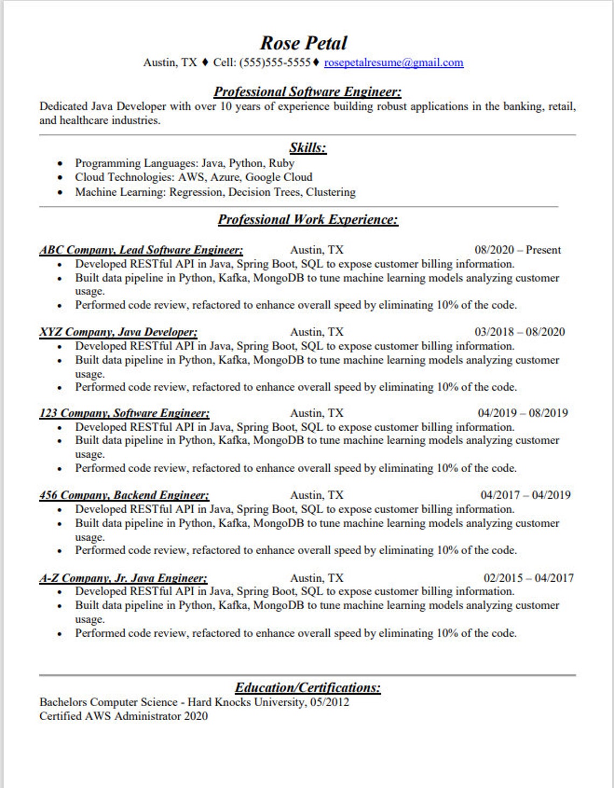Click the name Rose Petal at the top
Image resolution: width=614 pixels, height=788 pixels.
click(x=304, y=43)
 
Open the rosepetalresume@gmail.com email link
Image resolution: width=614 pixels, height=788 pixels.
click(x=393, y=63)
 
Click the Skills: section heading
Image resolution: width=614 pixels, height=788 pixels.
click(x=308, y=148)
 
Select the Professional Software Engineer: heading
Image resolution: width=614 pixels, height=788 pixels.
click(x=308, y=92)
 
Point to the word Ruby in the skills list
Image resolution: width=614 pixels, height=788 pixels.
click(x=282, y=163)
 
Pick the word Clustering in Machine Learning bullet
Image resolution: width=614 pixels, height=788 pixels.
click(x=331, y=192)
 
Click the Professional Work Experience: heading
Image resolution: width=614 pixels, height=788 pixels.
click(x=308, y=220)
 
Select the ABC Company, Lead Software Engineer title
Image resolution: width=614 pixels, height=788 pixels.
click(x=141, y=250)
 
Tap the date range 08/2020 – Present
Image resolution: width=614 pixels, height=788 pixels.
click(x=517, y=250)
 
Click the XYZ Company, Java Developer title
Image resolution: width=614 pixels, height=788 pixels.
click(x=118, y=332)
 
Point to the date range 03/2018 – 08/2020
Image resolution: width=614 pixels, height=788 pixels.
click(x=519, y=332)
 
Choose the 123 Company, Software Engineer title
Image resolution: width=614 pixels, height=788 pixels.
click(x=124, y=413)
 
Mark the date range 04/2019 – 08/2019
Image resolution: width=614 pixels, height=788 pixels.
click(x=522, y=413)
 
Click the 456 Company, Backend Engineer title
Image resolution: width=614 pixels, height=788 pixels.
click(x=124, y=495)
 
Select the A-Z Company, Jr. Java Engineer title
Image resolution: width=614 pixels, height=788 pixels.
click(x=123, y=578)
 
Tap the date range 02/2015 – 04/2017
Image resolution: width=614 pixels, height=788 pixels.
click(x=528, y=578)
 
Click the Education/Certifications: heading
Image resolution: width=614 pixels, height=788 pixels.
click(x=308, y=688)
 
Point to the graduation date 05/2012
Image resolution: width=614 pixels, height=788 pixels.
click(x=330, y=702)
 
